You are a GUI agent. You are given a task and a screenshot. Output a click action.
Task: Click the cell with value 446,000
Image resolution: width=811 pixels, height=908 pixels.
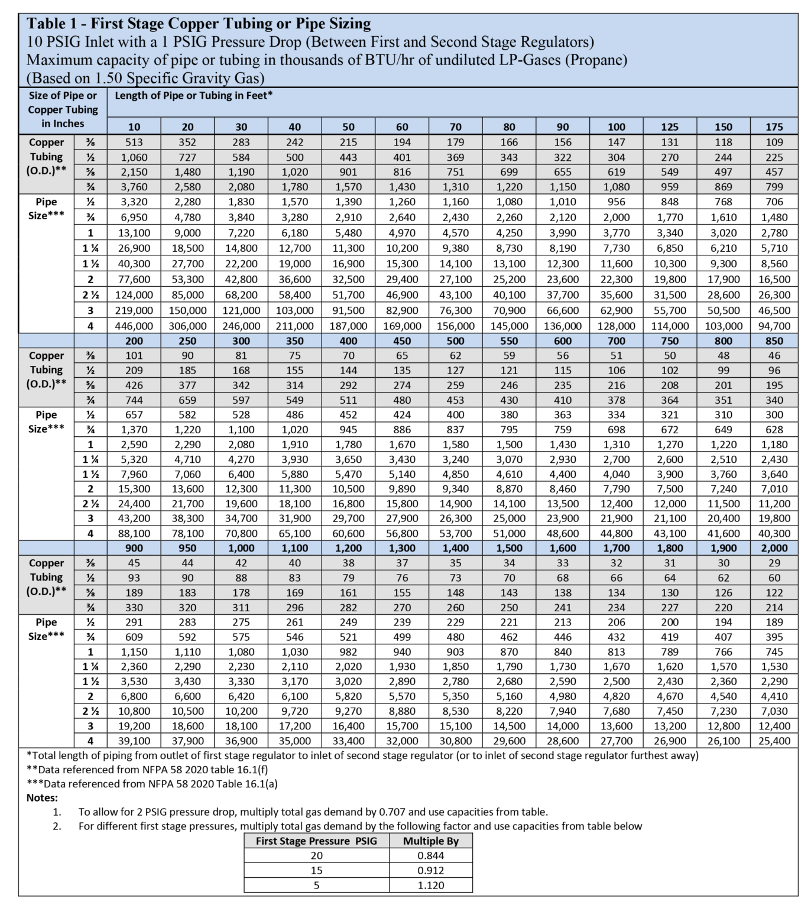pyautogui.click(x=134, y=326)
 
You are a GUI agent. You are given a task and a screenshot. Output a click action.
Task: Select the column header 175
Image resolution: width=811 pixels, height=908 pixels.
pyautogui.click(x=774, y=127)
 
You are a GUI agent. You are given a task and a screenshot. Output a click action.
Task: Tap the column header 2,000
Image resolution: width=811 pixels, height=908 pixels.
pyautogui.click(x=774, y=548)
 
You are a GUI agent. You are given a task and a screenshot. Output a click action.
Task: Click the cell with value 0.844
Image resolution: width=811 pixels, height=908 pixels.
pyautogui.click(x=430, y=855)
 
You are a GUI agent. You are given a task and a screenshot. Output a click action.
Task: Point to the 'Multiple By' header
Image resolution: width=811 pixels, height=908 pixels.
pyautogui.click(x=430, y=841)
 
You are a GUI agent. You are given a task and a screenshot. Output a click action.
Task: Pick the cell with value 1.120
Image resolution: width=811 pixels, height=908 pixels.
pyautogui.click(x=430, y=885)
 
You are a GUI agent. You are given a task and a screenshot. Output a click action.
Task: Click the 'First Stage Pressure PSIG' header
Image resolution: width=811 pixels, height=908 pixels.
pyautogui.click(x=316, y=841)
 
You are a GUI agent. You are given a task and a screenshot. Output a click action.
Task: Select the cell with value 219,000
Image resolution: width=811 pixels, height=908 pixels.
pyautogui.click(x=134, y=310)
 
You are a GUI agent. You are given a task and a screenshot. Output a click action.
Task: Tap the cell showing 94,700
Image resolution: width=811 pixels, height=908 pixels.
pyautogui.click(x=774, y=326)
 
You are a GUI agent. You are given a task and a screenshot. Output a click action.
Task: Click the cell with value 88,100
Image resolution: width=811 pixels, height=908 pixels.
pyautogui.click(x=134, y=533)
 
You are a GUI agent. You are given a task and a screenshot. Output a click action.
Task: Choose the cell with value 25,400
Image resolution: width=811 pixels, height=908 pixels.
pyautogui.click(x=774, y=741)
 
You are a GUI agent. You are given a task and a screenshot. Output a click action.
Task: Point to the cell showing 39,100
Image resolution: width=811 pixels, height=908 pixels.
pyautogui.click(x=134, y=741)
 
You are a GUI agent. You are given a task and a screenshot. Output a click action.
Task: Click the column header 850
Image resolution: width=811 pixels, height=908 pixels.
pyautogui.click(x=774, y=340)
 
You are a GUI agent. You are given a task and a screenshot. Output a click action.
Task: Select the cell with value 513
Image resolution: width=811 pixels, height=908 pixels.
pyautogui.click(x=134, y=142)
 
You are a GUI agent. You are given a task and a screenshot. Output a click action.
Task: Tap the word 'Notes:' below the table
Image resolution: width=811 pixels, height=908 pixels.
pyautogui.click(x=42, y=797)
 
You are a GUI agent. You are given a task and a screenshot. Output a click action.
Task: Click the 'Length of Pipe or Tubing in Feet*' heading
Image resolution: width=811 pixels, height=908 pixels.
pyautogui.click(x=193, y=95)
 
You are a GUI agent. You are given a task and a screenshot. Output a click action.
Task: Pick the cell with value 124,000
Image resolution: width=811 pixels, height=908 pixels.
pyautogui.click(x=134, y=294)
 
